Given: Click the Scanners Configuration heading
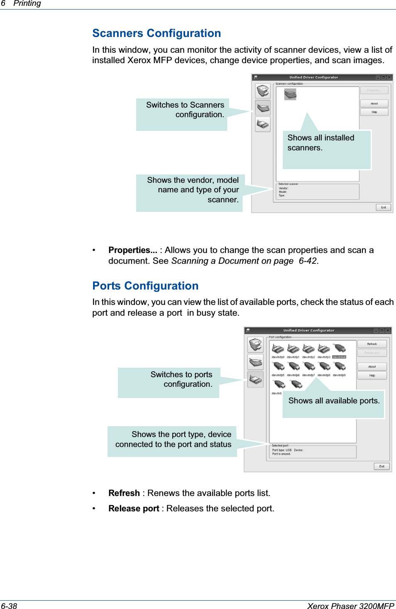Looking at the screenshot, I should [156, 33].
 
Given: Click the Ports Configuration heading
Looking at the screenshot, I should [145, 286].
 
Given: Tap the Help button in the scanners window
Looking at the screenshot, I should [374, 112].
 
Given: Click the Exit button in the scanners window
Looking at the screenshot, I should [383, 207].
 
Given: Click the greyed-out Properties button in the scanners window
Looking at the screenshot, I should [374, 90].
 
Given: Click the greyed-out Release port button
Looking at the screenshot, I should [372, 353].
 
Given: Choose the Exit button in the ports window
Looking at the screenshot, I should [381, 466].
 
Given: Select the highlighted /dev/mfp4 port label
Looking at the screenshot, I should [339, 357].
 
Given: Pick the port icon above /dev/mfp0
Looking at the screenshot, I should [278, 349].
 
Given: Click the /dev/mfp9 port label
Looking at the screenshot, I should [339, 375].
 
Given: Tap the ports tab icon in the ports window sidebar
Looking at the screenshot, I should [255, 379].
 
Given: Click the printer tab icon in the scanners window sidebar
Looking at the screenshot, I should [263, 91].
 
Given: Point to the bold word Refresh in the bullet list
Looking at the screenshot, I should [124, 493].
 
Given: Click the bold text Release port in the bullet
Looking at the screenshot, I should [134, 508].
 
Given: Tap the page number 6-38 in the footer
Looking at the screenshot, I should [9, 606].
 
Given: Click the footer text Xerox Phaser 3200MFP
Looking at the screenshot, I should [350, 606].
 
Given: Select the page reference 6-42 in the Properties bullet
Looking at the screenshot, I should [308, 261].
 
